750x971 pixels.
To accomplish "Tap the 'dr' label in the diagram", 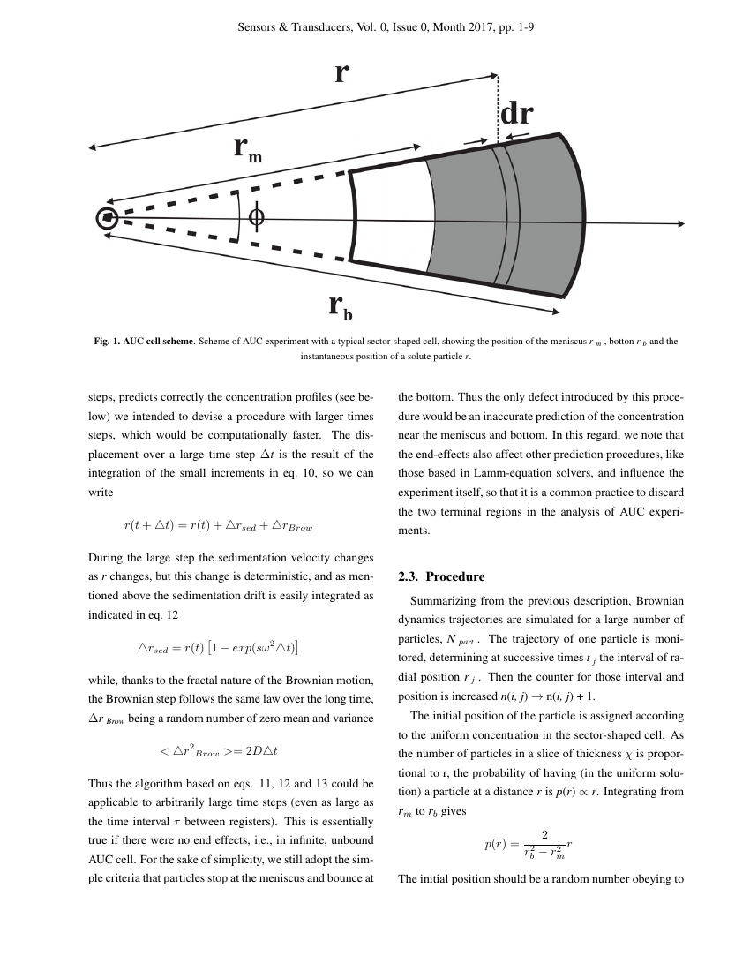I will [x=516, y=115].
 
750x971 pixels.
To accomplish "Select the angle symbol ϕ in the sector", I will [x=256, y=216].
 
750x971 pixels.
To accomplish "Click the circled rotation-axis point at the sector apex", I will [x=107, y=217].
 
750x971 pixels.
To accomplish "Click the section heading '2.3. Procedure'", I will [x=441, y=576].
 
